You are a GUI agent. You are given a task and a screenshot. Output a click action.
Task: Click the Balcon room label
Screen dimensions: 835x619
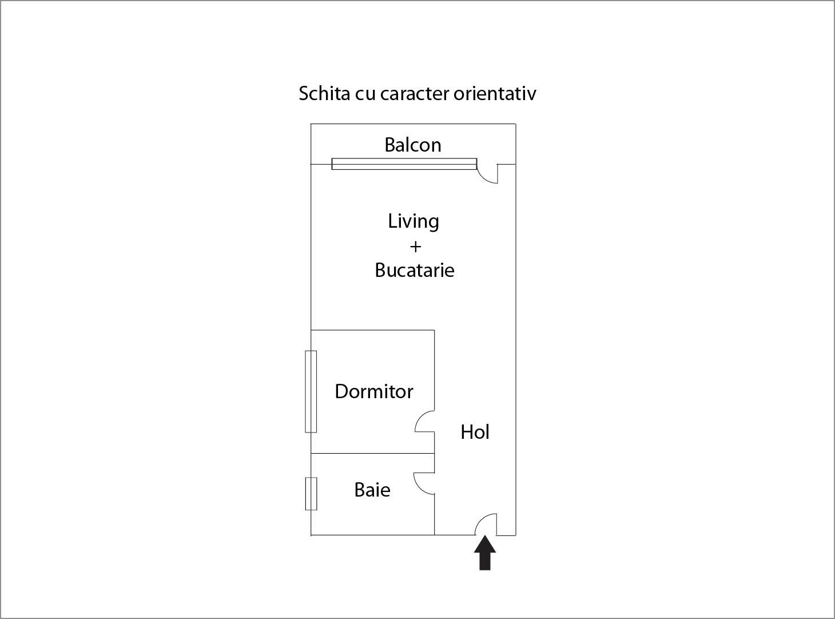point(412,145)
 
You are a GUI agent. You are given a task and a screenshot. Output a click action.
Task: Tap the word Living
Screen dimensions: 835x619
point(413,221)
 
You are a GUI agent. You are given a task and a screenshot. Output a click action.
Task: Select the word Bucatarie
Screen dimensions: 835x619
point(415,270)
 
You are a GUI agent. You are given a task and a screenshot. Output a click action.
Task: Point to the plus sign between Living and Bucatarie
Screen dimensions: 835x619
point(415,247)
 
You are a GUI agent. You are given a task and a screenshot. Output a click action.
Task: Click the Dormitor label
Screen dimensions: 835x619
point(374,391)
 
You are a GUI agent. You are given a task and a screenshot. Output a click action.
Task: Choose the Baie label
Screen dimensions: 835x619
point(372,490)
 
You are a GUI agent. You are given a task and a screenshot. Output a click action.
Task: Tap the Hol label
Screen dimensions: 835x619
point(475,432)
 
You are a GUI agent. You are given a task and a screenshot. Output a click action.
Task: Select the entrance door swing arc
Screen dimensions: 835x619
point(481,518)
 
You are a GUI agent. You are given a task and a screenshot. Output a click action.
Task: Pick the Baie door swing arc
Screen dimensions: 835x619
point(417,487)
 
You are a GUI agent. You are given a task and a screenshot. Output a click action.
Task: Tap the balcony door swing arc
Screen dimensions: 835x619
point(483,178)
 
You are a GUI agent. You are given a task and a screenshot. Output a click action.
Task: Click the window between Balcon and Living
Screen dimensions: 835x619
point(404,164)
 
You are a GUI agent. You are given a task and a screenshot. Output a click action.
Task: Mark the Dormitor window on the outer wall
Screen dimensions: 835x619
point(311,391)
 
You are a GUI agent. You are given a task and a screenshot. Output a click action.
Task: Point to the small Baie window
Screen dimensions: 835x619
point(311,494)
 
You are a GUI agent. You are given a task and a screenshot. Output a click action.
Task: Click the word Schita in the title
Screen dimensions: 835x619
point(324,93)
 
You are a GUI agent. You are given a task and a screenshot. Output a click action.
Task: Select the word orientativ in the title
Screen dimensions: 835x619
point(495,93)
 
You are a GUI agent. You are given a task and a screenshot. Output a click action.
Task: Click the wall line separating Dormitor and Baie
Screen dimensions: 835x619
point(372,453)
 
